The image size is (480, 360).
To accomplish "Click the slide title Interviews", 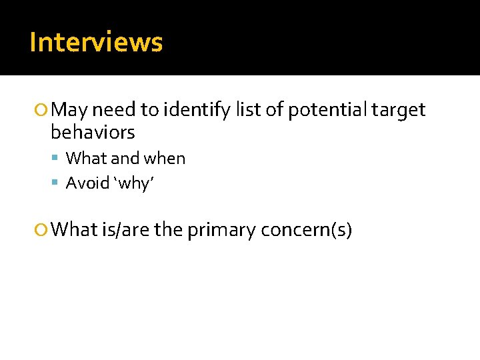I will [96, 42].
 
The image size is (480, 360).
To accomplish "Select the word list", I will [248, 109].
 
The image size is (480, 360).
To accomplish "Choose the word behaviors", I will [93, 132].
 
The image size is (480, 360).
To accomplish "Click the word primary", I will [222, 230].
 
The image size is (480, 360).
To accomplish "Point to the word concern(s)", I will [307, 230].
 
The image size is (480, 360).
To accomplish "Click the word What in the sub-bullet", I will [85, 159].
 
